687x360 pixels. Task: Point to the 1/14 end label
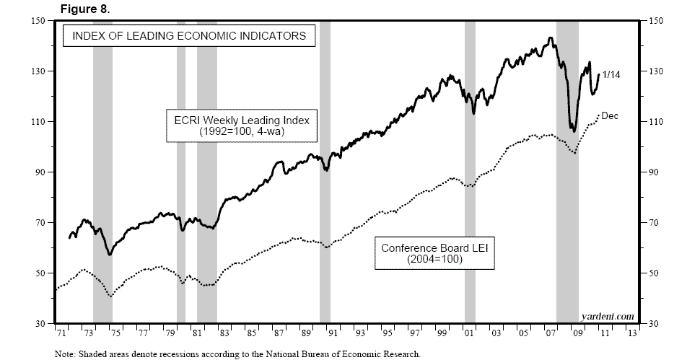(x=611, y=74)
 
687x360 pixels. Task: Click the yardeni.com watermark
(x=607, y=316)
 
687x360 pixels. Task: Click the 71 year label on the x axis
(x=61, y=335)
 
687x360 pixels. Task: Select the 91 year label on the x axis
(x=333, y=335)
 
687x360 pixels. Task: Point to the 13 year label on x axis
(x=633, y=335)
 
